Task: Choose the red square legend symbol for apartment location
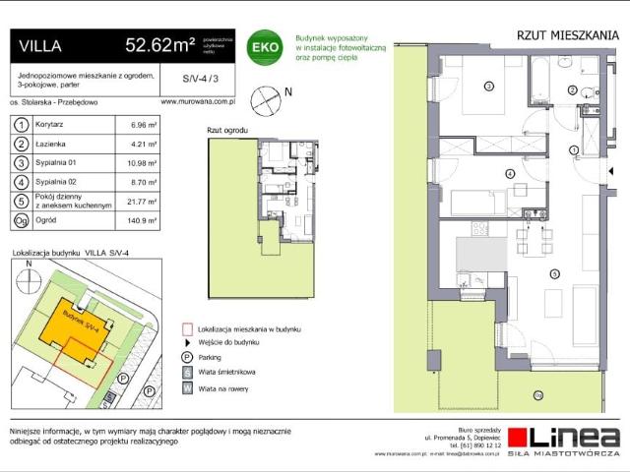click(x=187, y=329)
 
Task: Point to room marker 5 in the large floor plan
click(x=554, y=274)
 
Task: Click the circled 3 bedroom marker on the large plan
click(x=489, y=87)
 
